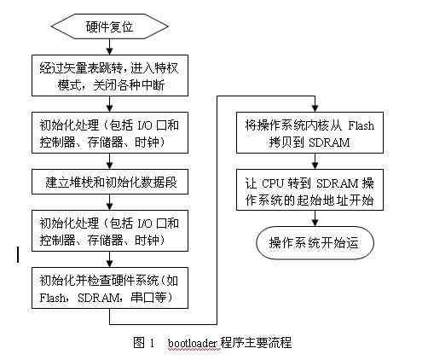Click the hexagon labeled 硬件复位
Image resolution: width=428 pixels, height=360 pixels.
pos(109,26)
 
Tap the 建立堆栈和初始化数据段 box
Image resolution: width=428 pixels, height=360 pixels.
pos(109,183)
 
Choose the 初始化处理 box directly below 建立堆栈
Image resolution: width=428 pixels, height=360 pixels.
pos(109,229)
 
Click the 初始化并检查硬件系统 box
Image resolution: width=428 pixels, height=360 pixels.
pos(109,287)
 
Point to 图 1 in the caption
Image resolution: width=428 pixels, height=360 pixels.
pos(142,344)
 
